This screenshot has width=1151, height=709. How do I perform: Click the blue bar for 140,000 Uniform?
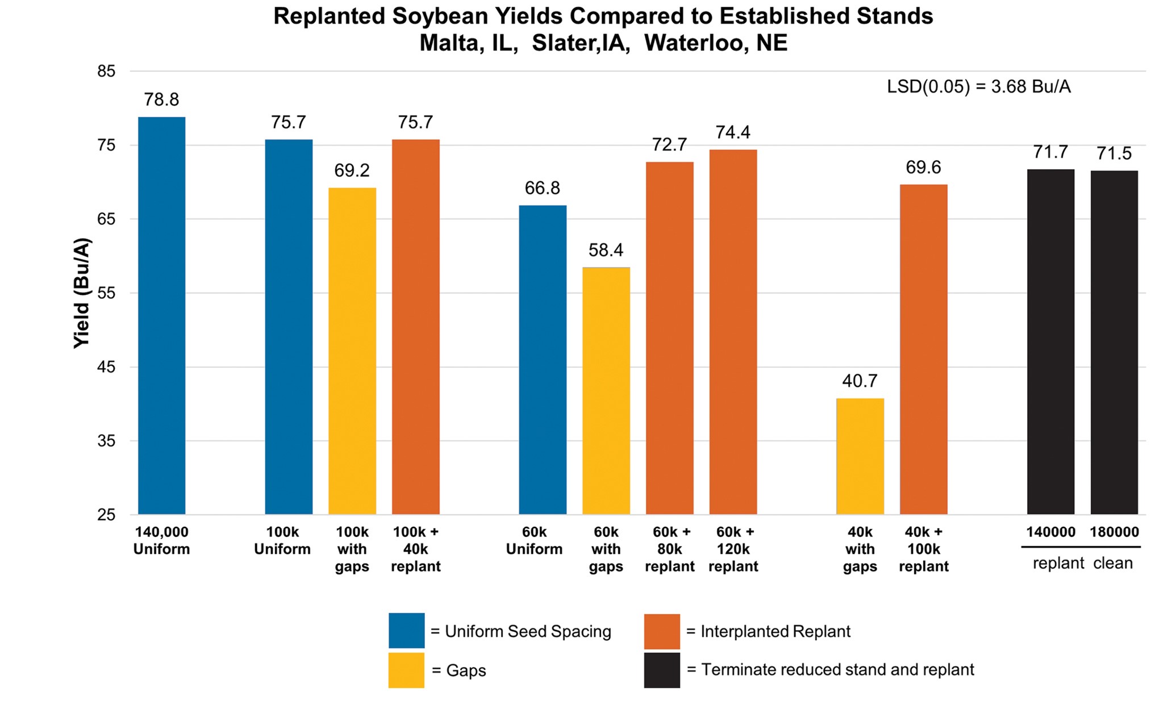(x=161, y=315)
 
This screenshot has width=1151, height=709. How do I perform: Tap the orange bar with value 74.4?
(x=733, y=332)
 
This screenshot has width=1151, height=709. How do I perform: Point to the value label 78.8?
(x=161, y=100)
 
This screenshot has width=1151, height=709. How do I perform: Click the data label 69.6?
(x=923, y=168)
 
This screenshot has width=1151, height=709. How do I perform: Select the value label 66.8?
(x=542, y=188)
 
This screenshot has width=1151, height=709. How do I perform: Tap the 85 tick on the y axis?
(x=106, y=72)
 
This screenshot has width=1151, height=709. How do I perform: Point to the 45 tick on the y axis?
(x=106, y=367)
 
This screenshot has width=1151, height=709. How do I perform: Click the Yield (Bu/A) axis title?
(x=82, y=293)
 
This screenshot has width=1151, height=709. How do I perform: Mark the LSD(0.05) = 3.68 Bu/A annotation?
(x=978, y=87)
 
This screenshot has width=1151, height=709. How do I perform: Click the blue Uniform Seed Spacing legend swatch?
(x=406, y=631)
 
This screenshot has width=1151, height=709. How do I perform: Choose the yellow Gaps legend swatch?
(x=406, y=670)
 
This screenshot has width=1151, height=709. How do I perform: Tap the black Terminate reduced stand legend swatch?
(x=662, y=670)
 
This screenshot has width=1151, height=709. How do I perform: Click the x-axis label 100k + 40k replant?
(x=415, y=549)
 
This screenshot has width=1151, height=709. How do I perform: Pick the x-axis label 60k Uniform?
(x=534, y=541)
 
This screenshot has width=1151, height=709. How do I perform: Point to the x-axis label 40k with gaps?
(x=860, y=549)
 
